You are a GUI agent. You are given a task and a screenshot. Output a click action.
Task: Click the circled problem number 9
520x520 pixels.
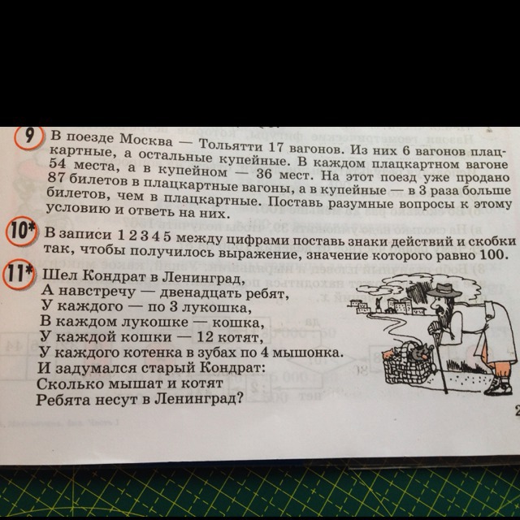pos(29,137)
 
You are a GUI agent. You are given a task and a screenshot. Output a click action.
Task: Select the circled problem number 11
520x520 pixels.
pos(18,275)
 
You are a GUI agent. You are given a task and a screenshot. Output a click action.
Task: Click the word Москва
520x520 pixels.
pos(146,140)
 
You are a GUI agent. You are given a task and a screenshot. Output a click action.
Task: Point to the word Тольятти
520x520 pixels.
pos(231,145)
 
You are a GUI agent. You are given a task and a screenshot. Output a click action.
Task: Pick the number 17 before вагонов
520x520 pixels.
pos(277,147)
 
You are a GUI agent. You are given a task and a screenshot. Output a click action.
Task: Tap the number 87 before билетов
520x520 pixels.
pos(57,177)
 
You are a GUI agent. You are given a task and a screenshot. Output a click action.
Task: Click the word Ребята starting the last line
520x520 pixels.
pos(63,400)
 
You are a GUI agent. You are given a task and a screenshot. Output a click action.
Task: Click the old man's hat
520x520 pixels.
pos(444,291)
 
